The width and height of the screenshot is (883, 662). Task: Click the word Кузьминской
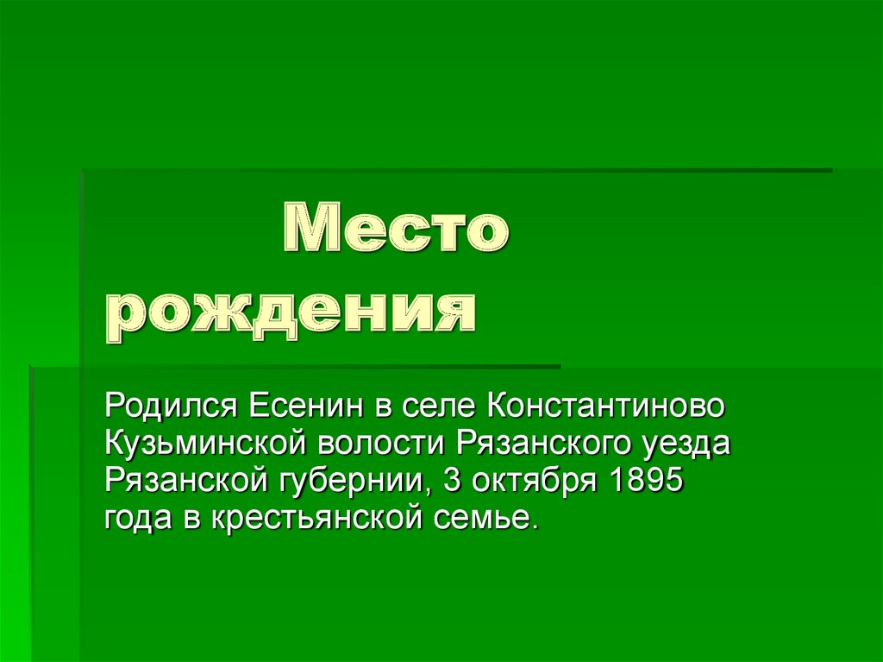[207, 444]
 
